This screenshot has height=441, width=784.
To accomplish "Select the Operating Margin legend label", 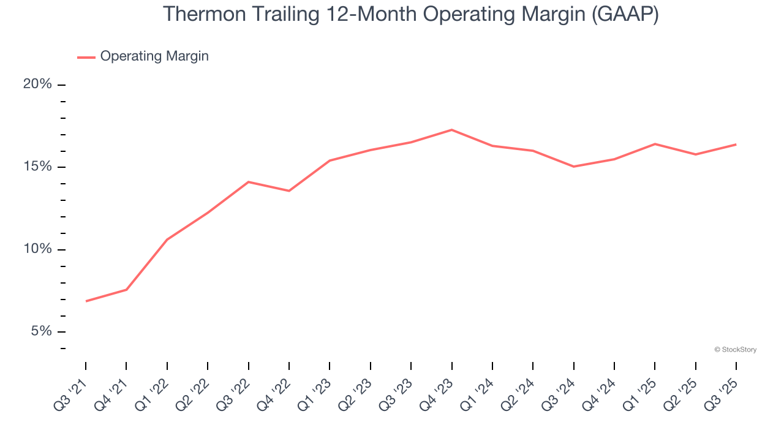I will click(154, 56).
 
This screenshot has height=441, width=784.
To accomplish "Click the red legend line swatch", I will click(86, 57).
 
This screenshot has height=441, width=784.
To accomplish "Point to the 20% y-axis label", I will click(37, 84).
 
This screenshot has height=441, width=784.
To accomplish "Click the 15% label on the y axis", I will click(37, 167).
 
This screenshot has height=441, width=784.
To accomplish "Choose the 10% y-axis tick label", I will click(37, 249).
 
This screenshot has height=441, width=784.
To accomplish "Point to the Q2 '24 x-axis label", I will click(519, 396).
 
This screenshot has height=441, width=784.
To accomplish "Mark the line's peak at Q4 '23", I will click(451, 130).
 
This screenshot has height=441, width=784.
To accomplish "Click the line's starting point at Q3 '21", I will click(86, 301).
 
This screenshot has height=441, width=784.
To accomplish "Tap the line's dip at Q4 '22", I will click(289, 191).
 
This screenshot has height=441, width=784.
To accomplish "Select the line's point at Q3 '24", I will click(573, 167).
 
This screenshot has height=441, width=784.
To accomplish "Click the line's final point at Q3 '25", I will click(736, 145).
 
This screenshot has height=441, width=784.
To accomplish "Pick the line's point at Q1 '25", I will click(655, 144).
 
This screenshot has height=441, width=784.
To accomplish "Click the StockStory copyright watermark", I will click(735, 350).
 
